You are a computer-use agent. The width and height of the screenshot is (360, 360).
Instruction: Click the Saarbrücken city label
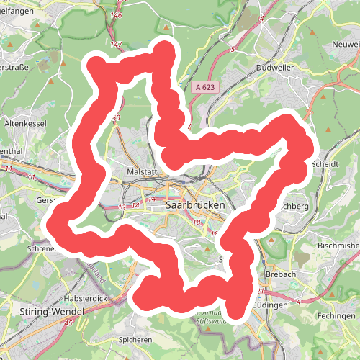click(x=195, y=205)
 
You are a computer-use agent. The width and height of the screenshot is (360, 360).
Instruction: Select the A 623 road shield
click(x=204, y=87)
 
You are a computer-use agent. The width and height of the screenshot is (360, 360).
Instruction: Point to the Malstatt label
click(x=141, y=173)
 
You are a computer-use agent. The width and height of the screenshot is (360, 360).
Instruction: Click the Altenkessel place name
click(x=25, y=124)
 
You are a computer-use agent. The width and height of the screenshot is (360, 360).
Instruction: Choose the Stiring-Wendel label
click(x=48, y=312)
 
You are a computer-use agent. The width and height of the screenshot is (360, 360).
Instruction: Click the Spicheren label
click(x=137, y=338)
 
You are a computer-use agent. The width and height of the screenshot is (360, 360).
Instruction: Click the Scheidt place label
click(x=325, y=164)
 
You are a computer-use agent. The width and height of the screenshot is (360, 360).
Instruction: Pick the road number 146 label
click(x=116, y=15)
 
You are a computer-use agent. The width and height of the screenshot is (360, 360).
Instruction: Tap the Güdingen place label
click(x=272, y=305)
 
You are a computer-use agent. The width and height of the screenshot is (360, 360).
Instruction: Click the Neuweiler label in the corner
click(x=343, y=44)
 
